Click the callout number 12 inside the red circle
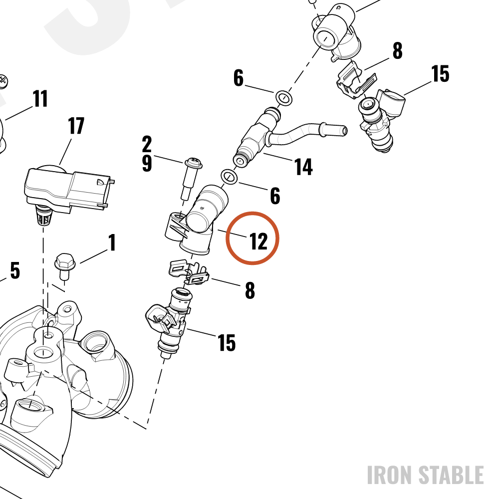coord(258,241)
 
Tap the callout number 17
coord(76,126)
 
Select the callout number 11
coord(40,98)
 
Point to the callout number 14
coord(303,167)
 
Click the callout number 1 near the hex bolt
coord(112,243)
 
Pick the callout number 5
coord(15,270)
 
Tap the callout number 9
coord(147,163)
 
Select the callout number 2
coord(147,144)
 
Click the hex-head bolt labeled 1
coord(65,266)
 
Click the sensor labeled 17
coord(68,194)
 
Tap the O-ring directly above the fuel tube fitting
coord(283,98)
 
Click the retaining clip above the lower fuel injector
coord(189,272)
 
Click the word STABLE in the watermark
coord(451,475)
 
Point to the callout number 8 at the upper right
coord(398,50)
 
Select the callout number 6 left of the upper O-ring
coord(239,78)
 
